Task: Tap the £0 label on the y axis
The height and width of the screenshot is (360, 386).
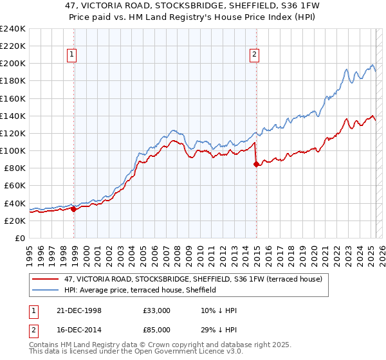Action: tap(20, 238)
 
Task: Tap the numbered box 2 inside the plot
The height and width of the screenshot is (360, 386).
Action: tap(255, 55)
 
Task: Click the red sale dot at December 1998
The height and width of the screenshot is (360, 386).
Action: tap(74, 209)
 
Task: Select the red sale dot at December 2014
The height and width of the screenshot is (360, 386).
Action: tap(257, 164)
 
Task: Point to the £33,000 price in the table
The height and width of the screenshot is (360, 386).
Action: tap(156, 310)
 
